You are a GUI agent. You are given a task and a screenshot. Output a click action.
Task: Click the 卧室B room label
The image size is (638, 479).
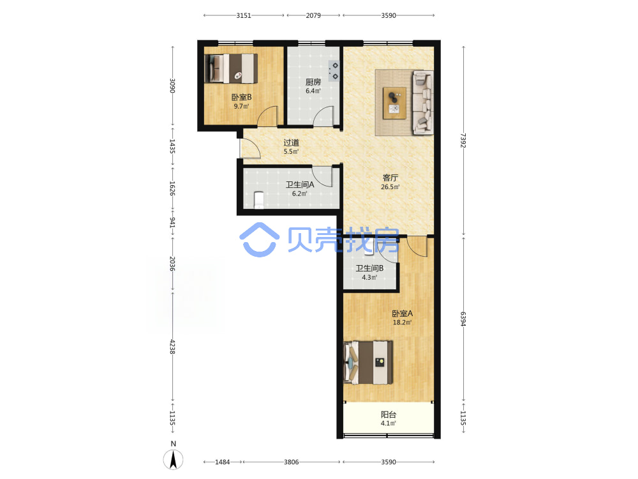pos(241,97)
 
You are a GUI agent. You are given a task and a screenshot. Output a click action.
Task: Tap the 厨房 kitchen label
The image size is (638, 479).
pos(313,82)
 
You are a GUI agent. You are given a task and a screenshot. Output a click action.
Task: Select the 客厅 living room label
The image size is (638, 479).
pos(390,178)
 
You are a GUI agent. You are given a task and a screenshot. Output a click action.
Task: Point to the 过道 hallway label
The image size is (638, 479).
pos(292,142)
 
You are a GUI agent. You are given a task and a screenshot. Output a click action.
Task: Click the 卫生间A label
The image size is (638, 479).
pos(300,185)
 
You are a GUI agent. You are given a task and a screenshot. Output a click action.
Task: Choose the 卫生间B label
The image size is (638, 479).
pos(369,268)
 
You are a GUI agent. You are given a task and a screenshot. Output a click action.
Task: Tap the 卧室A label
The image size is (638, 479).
pos(403,313)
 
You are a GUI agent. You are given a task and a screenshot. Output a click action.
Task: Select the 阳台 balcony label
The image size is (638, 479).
pos(389,414)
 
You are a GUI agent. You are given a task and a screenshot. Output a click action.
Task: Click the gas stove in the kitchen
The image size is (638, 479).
pos(334,71)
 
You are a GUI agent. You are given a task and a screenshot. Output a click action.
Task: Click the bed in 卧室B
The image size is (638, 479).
pos(231,68)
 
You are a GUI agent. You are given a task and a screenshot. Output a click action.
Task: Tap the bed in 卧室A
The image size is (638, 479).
pos(368,363)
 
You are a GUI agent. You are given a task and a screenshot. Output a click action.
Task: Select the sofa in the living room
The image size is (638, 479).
pos(423,103)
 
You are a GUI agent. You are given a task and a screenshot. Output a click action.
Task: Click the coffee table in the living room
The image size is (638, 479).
pos(394,103)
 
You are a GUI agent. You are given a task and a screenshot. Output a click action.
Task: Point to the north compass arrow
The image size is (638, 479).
pos(174,460)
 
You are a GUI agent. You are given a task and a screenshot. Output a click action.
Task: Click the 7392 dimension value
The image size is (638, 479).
pos(463,141)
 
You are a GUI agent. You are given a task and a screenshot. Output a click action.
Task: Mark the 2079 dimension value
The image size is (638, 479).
pos(313,15)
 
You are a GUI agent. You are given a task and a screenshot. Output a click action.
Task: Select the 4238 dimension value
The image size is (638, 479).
pos(172,347)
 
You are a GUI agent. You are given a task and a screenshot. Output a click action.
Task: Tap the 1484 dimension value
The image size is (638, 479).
pos(222,462)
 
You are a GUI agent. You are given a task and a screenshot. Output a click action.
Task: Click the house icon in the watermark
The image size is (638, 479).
pos(260,240)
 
